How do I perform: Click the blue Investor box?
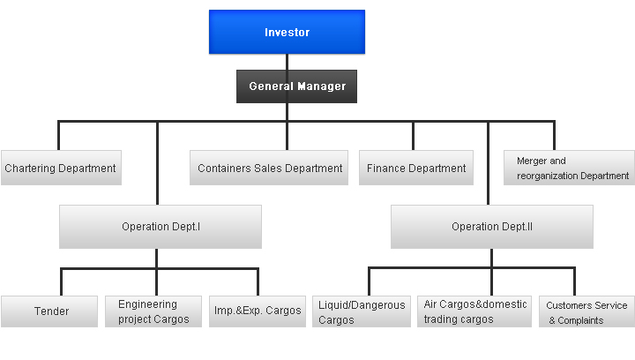click(x=287, y=32)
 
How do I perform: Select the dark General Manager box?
click(x=296, y=86)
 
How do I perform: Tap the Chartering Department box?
click(x=61, y=168)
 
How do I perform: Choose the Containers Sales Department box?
click(x=269, y=168)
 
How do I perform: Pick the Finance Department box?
click(x=416, y=168)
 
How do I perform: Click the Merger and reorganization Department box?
click(x=569, y=168)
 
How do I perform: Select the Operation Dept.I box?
click(x=161, y=227)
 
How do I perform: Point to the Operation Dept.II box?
click(x=492, y=227)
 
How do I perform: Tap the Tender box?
click(x=49, y=311)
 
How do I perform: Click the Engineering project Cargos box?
click(x=153, y=311)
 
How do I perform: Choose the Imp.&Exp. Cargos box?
click(x=258, y=311)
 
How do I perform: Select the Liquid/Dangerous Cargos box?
click(x=362, y=311)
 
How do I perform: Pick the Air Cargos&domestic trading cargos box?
click(x=474, y=311)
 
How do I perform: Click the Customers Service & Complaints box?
click(x=586, y=311)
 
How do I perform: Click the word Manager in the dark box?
click(x=322, y=86)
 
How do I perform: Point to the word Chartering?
click(x=30, y=169)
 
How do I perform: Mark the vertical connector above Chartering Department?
click(x=59, y=136)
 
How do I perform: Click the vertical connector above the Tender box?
click(x=61, y=281)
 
